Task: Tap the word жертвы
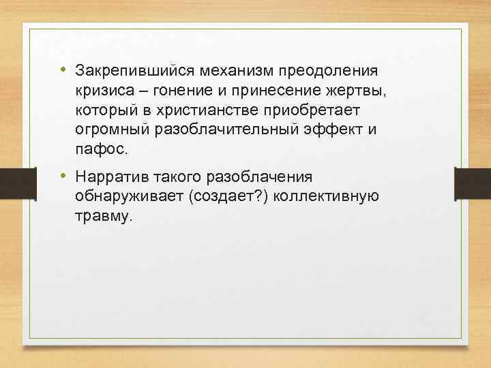359,91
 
